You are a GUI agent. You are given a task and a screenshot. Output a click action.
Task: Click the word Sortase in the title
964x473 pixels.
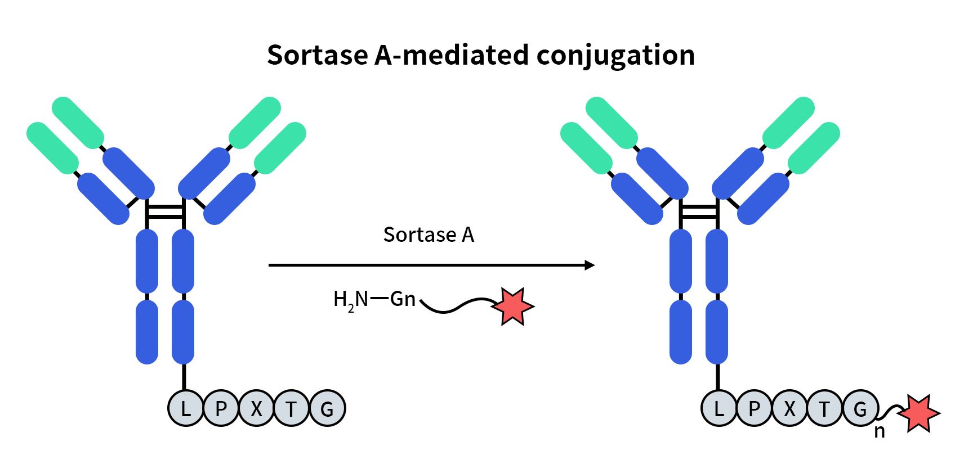(x=318, y=55)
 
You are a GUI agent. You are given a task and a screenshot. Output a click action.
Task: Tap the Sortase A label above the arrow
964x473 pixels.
(x=429, y=235)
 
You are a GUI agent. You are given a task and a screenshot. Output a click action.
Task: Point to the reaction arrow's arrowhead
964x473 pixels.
(x=590, y=265)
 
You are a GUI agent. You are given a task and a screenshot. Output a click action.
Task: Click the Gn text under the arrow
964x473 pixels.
(x=403, y=299)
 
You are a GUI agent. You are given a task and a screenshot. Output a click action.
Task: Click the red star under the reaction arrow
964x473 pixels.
(x=512, y=307)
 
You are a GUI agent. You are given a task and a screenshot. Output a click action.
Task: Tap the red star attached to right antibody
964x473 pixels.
(x=919, y=414)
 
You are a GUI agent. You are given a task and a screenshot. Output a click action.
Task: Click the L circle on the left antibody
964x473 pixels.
(x=185, y=408)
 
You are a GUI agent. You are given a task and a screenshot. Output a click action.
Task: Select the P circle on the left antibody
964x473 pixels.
(x=221, y=408)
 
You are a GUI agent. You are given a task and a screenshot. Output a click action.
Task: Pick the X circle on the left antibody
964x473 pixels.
(x=256, y=408)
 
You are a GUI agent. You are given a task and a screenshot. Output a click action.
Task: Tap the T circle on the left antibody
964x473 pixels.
(x=292, y=408)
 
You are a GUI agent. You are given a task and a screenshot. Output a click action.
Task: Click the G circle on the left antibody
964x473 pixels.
(x=327, y=408)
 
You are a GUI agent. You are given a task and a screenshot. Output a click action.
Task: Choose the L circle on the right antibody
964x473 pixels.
(x=718, y=408)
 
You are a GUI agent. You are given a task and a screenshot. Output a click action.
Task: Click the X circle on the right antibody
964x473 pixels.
(x=789, y=408)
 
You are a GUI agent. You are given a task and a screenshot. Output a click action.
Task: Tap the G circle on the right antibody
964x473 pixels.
(x=860, y=408)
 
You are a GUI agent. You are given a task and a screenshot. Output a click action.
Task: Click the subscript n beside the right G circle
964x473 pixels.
(x=880, y=432)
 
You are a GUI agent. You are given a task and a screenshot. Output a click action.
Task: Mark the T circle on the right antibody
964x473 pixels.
(x=825, y=408)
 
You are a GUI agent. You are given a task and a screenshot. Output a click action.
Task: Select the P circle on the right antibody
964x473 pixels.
(x=754, y=408)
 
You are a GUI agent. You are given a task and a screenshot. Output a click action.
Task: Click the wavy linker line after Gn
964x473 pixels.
(x=456, y=306)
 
